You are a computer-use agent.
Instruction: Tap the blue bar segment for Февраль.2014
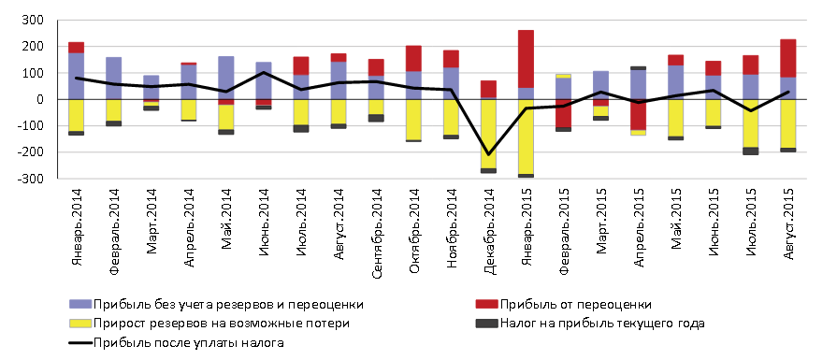click(x=113, y=78)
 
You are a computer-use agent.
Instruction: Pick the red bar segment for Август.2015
click(x=787, y=58)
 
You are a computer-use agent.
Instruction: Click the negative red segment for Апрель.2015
click(x=638, y=114)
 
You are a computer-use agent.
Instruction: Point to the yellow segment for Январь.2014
click(x=77, y=114)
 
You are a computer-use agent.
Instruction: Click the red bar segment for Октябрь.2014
click(x=413, y=58)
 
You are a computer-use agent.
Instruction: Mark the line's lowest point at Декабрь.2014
click(x=488, y=154)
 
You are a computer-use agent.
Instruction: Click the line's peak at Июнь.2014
click(x=264, y=72)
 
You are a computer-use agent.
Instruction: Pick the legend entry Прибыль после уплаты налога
click(x=187, y=343)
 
